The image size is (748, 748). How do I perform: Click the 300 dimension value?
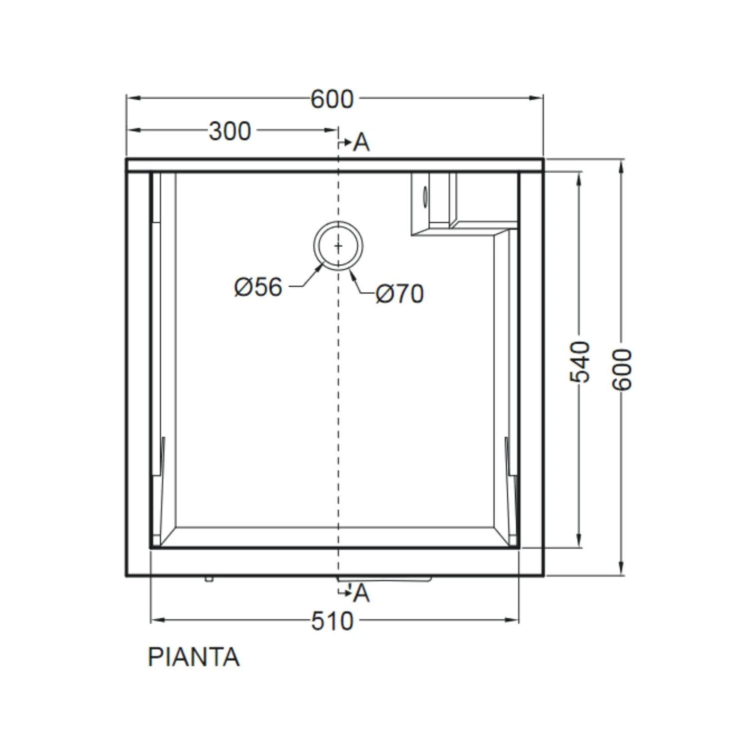230,132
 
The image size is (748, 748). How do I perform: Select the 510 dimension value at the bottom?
333,621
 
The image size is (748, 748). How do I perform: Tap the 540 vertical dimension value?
580,362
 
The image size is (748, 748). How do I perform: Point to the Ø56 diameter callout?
258,287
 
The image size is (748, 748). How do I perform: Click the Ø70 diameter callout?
400,294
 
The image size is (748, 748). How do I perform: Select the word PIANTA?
193,657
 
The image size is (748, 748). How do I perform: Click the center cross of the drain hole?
339,246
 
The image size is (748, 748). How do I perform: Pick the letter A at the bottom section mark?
362,593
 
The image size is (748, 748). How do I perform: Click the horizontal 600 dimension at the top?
333,99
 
